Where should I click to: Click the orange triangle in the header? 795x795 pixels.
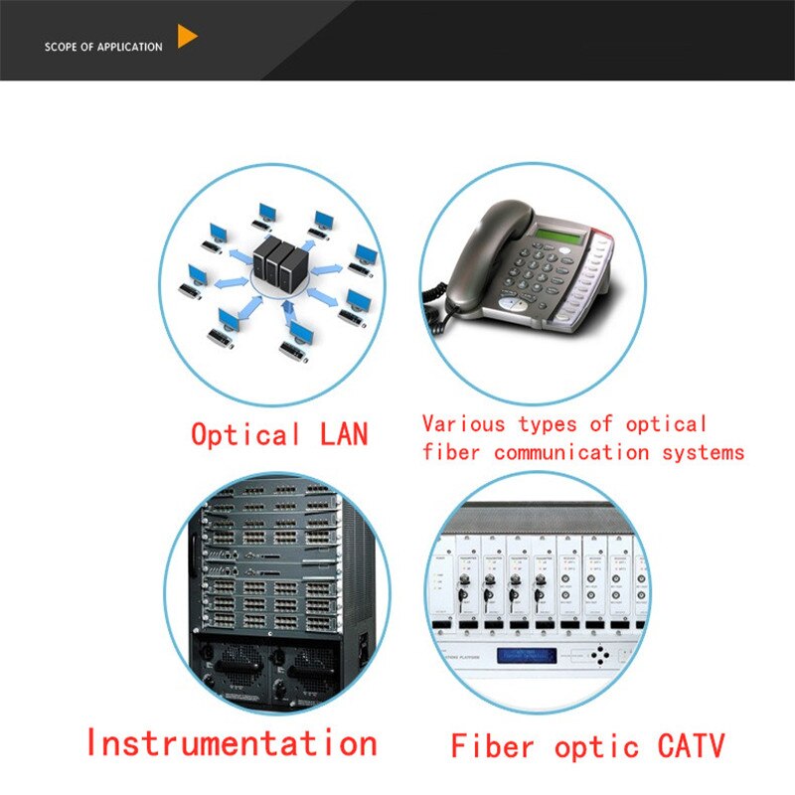(186, 38)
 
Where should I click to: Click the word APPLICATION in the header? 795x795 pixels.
(129, 47)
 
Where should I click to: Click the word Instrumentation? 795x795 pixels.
(231, 742)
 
